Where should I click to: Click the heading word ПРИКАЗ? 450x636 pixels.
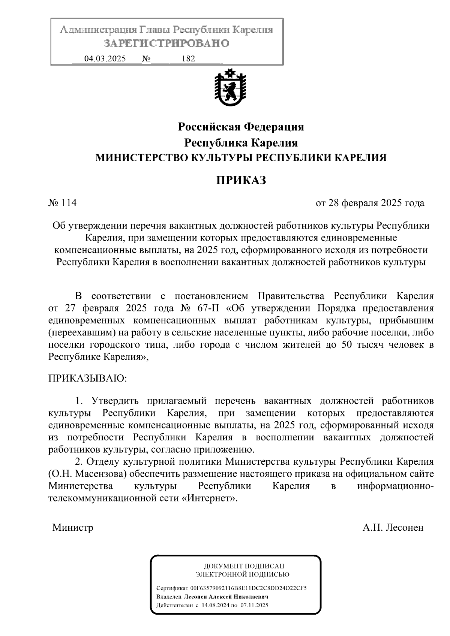(241, 180)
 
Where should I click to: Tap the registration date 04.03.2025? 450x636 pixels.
(105, 59)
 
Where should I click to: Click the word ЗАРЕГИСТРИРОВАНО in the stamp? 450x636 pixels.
(166, 43)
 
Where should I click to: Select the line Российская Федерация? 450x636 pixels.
(241, 127)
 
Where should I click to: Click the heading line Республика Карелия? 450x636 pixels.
(241, 143)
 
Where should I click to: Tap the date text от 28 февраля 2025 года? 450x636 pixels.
(370, 203)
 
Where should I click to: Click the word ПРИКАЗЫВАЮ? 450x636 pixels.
(88, 379)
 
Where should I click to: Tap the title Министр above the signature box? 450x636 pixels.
(73, 528)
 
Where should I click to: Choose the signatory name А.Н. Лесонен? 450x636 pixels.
(393, 528)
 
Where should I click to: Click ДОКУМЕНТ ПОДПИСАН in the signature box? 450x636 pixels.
(244, 566)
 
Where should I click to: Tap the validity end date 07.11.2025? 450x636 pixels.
(255, 605)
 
